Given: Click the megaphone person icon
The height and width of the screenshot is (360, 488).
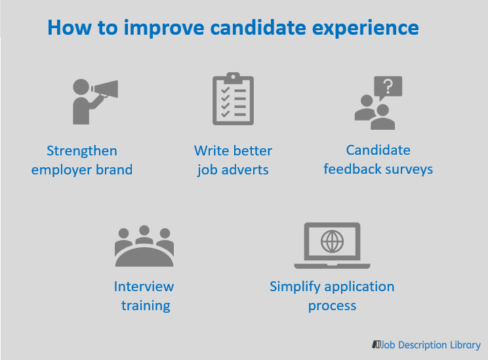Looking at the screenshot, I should (92, 100).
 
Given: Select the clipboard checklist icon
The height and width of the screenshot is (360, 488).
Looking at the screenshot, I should (232, 100).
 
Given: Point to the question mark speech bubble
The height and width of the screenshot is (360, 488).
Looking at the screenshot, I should (387, 87).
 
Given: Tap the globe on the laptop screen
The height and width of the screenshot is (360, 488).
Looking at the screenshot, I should (332, 241).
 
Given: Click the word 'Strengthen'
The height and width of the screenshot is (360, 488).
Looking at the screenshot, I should (82, 151).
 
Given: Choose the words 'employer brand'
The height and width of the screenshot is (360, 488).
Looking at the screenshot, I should (82, 170).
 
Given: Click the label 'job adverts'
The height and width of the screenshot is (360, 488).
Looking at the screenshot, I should (233, 170).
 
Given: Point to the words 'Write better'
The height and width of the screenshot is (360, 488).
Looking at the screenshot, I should (233, 151).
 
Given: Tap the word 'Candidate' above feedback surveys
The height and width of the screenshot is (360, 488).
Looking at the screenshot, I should (378, 150).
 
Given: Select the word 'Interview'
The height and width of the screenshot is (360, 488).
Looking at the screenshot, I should (144, 287).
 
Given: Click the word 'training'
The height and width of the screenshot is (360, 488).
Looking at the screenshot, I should (146, 306).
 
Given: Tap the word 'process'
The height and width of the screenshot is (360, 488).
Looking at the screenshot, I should (332, 306).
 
